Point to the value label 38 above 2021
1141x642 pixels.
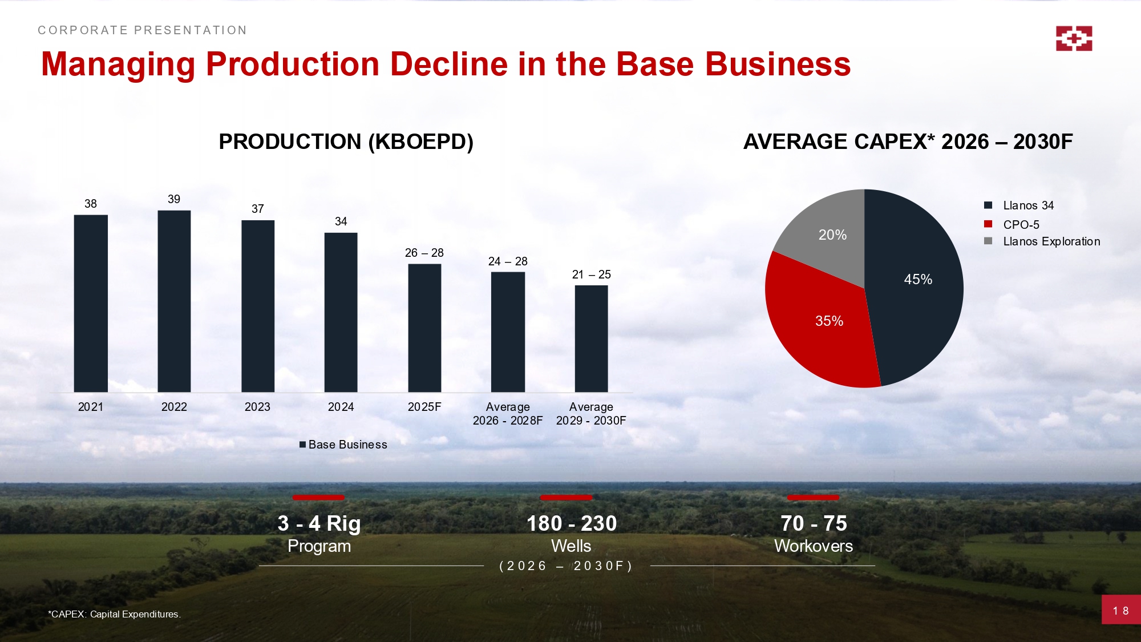tap(91, 204)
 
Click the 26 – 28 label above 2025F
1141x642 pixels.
tap(424, 253)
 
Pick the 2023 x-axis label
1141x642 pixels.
tap(257, 407)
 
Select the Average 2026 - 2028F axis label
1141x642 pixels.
tap(508, 414)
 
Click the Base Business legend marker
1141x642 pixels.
tap(303, 445)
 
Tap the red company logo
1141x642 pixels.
tap(1074, 38)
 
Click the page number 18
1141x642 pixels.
tap(1120, 611)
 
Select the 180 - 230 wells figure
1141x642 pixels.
tap(571, 523)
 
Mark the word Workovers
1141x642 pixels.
tap(814, 546)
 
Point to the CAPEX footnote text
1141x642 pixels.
tap(114, 614)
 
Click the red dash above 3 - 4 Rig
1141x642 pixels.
tap(318, 498)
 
